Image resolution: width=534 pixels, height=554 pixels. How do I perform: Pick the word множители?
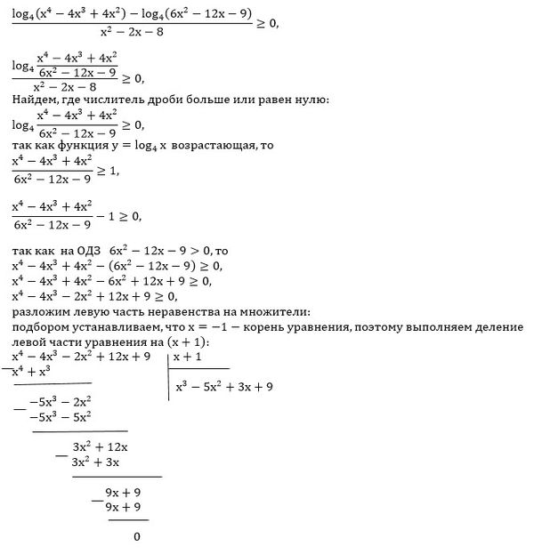[x=277, y=312]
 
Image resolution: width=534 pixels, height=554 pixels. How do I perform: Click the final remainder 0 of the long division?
[x=136, y=536]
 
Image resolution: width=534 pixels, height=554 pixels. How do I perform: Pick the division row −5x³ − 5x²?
[x=61, y=416]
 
